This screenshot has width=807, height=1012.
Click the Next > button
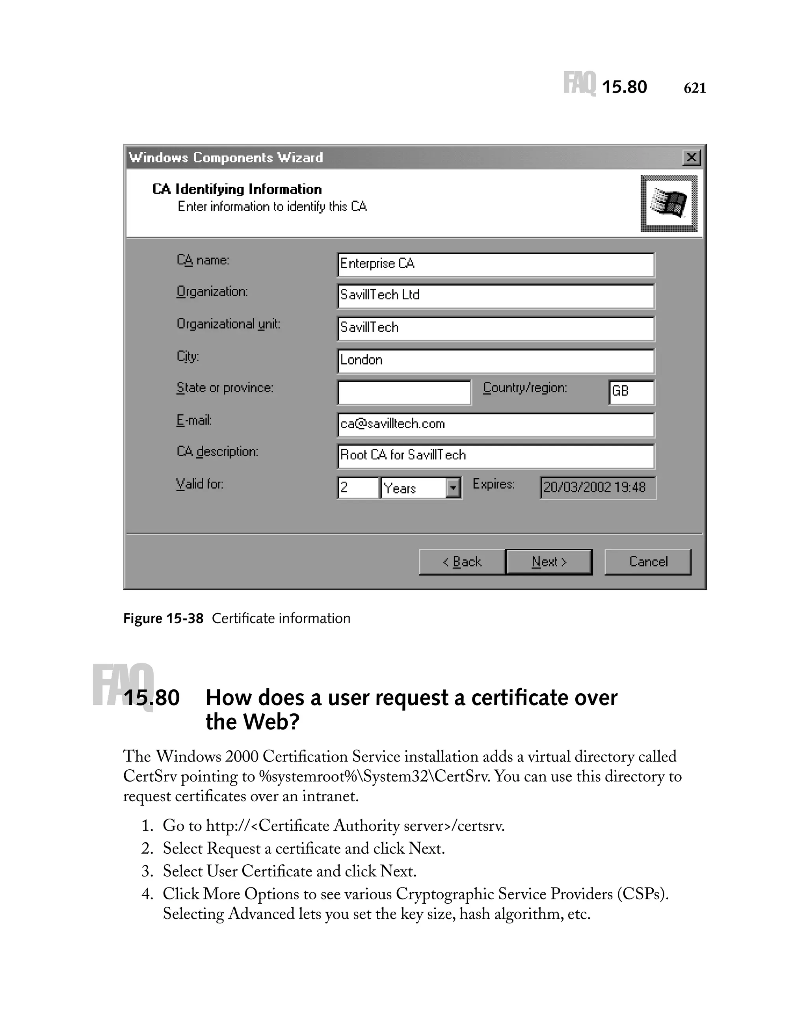pyautogui.click(x=549, y=561)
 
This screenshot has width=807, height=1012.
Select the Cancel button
pyautogui.click(x=647, y=561)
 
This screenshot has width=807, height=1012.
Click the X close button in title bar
pyautogui.click(x=691, y=157)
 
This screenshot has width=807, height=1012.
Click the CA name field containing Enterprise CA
pyautogui.click(x=495, y=264)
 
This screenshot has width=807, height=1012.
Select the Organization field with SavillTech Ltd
pyautogui.click(x=495, y=296)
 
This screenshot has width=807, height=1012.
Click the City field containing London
pyautogui.click(x=495, y=360)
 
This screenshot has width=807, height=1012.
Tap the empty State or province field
pyautogui.click(x=404, y=392)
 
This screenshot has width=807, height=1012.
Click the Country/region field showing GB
pyautogui.click(x=631, y=392)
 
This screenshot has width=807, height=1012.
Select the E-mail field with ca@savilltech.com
pyautogui.click(x=495, y=424)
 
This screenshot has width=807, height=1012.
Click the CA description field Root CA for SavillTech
pyautogui.click(x=495, y=456)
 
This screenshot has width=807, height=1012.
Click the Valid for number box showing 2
pyautogui.click(x=357, y=488)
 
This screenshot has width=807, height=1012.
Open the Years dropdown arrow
pyautogui.click(x=453, y=488)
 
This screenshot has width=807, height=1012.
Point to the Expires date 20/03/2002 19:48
pyautogui.click(x=597, y=488)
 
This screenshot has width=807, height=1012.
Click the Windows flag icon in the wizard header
pyautogui.click(x=669, y=203)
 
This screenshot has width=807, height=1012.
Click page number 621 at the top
pyautogui.click(x=694, y=88)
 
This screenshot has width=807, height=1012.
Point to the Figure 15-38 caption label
pyautogui.click(x=163, y=618)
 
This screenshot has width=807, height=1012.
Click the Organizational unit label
pyautogui.click(x=228, y=324)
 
